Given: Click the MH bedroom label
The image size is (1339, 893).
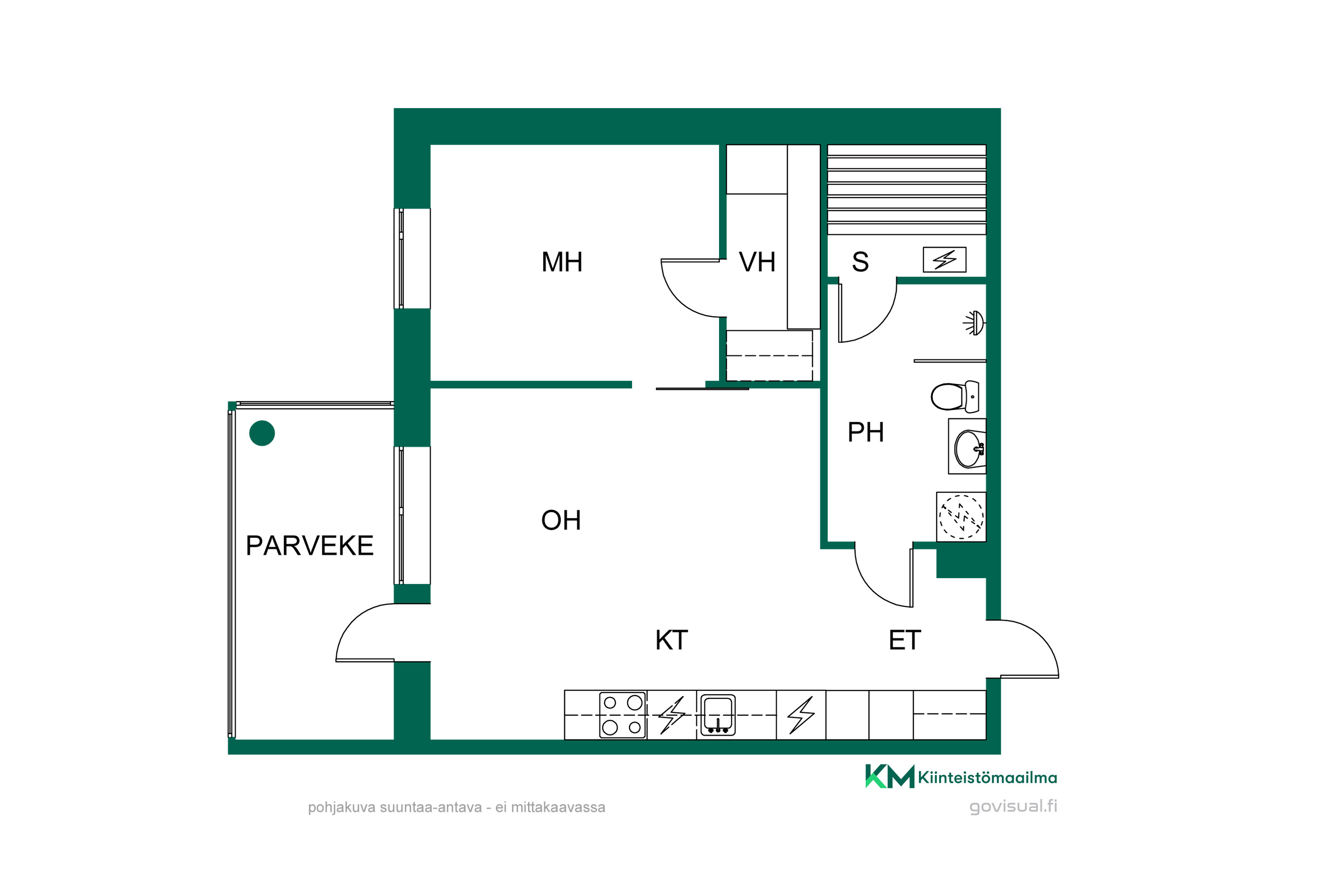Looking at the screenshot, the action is [562, 262].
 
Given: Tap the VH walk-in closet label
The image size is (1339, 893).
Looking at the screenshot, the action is [757, 262].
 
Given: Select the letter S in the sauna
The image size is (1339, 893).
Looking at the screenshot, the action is [860, 262].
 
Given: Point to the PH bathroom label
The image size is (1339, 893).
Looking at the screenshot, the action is [865, 432].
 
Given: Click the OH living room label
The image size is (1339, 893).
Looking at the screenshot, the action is [561, 520].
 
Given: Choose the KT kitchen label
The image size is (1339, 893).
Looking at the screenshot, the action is [672, 640].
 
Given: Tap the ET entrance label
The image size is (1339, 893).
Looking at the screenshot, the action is [905, 640].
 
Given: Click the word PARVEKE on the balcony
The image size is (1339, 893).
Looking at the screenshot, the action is [309, 546].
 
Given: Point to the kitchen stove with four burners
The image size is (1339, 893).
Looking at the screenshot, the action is [622, 715].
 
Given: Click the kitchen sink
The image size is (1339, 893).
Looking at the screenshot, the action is [718, 715].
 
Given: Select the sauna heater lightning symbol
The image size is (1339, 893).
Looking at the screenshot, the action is [944, 260].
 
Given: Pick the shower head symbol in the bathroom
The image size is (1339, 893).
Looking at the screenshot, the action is [974, 323].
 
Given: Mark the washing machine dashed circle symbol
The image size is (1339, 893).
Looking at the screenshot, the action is [961, 517].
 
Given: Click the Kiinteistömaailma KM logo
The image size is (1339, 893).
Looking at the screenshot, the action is [961, 776].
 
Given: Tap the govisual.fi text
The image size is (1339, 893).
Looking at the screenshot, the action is [1013, 806].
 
